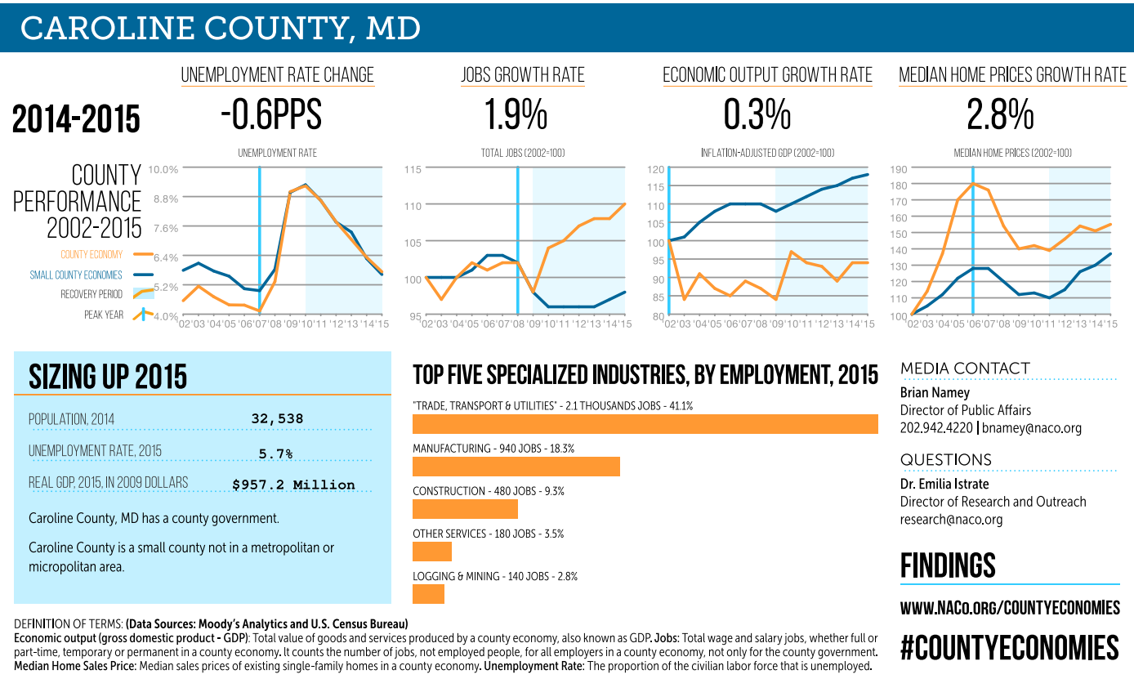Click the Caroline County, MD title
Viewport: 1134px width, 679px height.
[x=221, y=29]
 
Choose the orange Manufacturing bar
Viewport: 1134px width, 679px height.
[x=516, y=467]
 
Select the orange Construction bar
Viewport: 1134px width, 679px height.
[x=465, y=509]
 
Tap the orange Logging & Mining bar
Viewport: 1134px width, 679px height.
[x=428, y=594]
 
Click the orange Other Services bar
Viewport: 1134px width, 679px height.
[x=431, y=552]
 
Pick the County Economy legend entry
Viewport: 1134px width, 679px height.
[x=92, y=255]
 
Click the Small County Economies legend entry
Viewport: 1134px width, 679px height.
[x=76, y=275]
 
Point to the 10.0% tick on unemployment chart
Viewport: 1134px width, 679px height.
[x=163, y=169]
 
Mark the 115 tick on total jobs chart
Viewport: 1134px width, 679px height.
[x=413, y=169]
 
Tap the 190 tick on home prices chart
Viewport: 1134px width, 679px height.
[x=898, y=169]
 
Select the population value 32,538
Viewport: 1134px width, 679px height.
[x=277, y=419]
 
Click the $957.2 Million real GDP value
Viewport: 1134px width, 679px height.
[x=293, y=485]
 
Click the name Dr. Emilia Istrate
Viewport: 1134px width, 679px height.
[x=944, y=484]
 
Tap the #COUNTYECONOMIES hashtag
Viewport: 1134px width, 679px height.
[x=1009, y=648]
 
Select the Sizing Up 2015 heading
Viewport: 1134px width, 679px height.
[x=108, y=377]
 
